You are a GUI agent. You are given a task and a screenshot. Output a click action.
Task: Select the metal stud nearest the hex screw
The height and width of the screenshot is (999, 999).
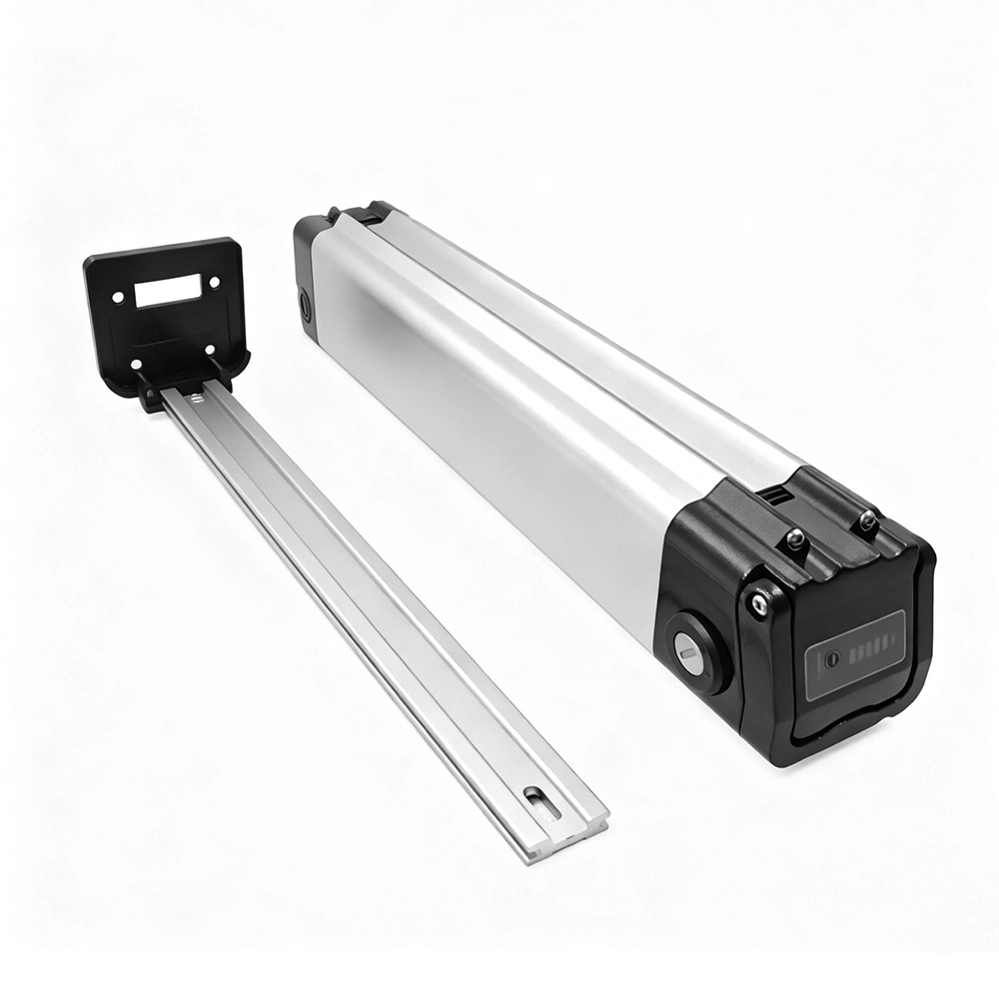click(795, 540)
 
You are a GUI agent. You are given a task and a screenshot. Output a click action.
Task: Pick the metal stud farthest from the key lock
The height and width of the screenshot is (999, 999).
click(868, 519)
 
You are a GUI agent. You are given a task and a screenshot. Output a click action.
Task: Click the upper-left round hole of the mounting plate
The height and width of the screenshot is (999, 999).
click(118, 297)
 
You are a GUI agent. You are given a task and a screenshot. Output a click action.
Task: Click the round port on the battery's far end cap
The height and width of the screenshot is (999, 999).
click(305, 303)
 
